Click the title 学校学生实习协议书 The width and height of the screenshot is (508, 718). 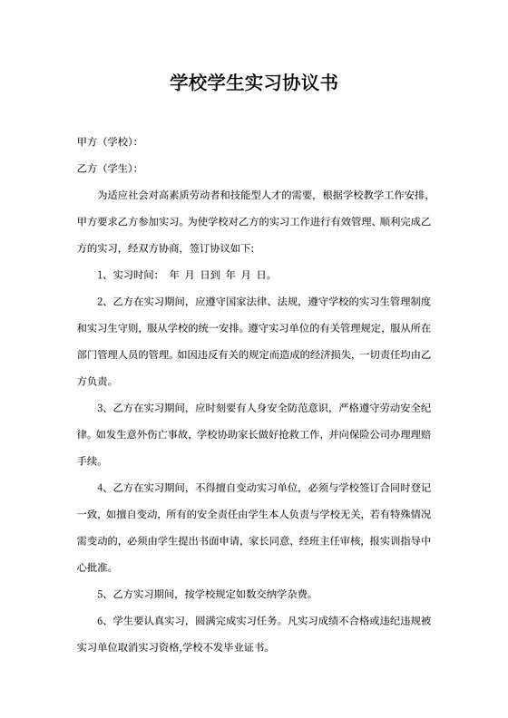click(x=253, y=84)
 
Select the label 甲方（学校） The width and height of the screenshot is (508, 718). click(x=107, y=141)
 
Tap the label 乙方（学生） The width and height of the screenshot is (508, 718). click(x=107, y=168)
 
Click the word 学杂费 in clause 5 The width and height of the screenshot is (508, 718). click(x=292, y=596)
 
